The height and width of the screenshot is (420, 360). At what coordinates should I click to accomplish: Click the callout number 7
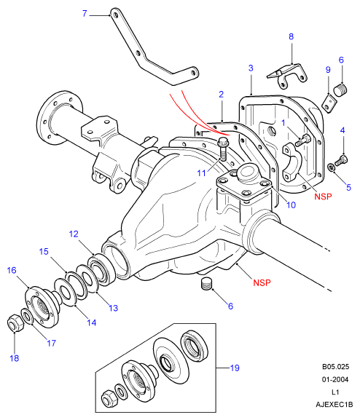pyautogui.click(x=85, y=13)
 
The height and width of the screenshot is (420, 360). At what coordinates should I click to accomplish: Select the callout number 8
pyautogui.click(x=291, y=36)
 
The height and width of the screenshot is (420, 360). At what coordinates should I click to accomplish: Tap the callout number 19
pyautogui.click(x=235, y=368)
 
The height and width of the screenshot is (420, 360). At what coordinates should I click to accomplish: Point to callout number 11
pyautogui.click(x=201, y=173)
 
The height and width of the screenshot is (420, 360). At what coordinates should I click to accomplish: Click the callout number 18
pyautogui.click(x=15, y=358)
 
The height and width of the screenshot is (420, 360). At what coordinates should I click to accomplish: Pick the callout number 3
pyautogui.click(x=251, y=68)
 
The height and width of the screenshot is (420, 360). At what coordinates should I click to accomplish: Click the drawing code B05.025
pyautogui.click(x=336, y=367)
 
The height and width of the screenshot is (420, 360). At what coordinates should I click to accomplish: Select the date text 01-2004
pyautogui.click(x=335, y=379)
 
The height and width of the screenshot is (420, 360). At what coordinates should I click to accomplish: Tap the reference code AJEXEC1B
pyautogui.click(x=334, y=405)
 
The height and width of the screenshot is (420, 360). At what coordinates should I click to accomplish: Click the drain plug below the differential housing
pyautogui.click(x=206, y=284)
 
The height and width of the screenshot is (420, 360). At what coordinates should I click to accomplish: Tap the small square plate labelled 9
pyautogui.click(x=329, y=103)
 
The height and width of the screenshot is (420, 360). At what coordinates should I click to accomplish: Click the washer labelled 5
pyautogui.click(x=332, y=167)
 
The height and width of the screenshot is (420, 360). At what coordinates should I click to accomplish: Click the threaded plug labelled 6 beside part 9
pyautogui.click(x=340, y=90)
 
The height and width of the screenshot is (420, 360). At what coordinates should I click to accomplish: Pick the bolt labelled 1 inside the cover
pyautogui.click(x=303, y=140)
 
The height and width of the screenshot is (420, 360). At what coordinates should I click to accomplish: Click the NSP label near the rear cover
pyautogui.click(x=323, y=197)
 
